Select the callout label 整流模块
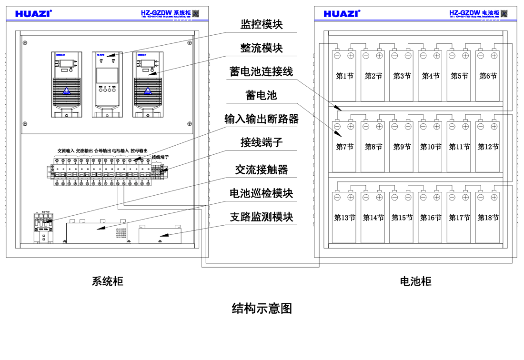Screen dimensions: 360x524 262,48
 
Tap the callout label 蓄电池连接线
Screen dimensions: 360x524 261,71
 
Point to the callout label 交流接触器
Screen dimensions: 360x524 262,170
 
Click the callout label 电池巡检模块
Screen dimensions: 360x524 261,193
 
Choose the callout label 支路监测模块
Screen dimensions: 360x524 261,217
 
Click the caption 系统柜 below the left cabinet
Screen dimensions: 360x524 107,281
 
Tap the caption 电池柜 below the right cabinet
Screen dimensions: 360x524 415,281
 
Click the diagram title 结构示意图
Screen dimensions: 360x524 262,309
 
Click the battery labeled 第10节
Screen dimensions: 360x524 430,147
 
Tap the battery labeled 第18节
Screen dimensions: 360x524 488,218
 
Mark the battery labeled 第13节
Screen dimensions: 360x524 344,218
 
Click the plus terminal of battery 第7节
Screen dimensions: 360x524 351,126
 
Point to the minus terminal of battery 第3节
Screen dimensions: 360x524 394,56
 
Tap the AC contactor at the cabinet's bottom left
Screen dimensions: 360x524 43,228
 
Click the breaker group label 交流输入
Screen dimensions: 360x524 66,150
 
